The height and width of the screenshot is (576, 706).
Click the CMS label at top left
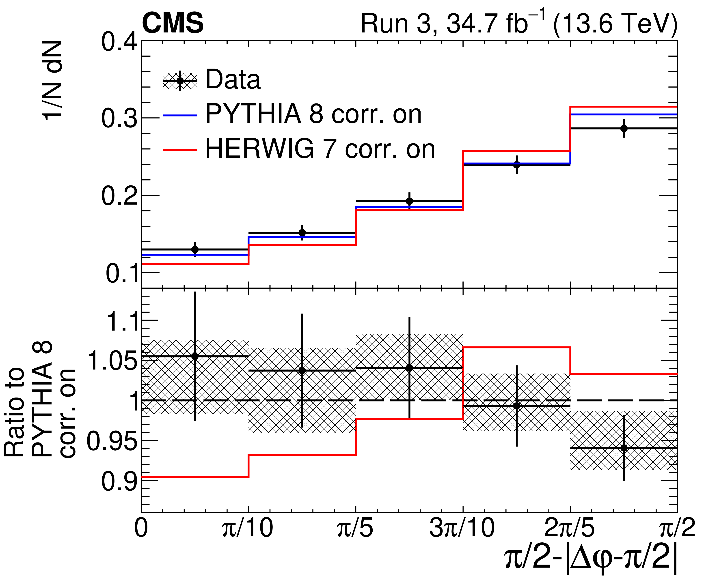tap(173, 23)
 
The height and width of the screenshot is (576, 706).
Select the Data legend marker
tap(180, 81)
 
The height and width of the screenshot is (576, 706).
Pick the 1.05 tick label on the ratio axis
tap(112, 361)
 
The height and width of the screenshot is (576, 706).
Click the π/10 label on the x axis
tap(248, 528)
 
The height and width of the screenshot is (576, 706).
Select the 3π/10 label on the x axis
tap(462, 528)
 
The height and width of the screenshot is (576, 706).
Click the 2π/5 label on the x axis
tap(569, 528)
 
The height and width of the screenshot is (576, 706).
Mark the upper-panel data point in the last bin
tap(624, 128)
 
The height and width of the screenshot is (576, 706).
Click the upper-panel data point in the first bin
tap(195, 249)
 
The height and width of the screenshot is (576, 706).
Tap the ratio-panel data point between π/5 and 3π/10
tap(410, 368)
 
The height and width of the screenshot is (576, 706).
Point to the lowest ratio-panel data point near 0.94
tap(624, 448)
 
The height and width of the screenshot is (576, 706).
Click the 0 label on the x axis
tap(141, 528)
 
